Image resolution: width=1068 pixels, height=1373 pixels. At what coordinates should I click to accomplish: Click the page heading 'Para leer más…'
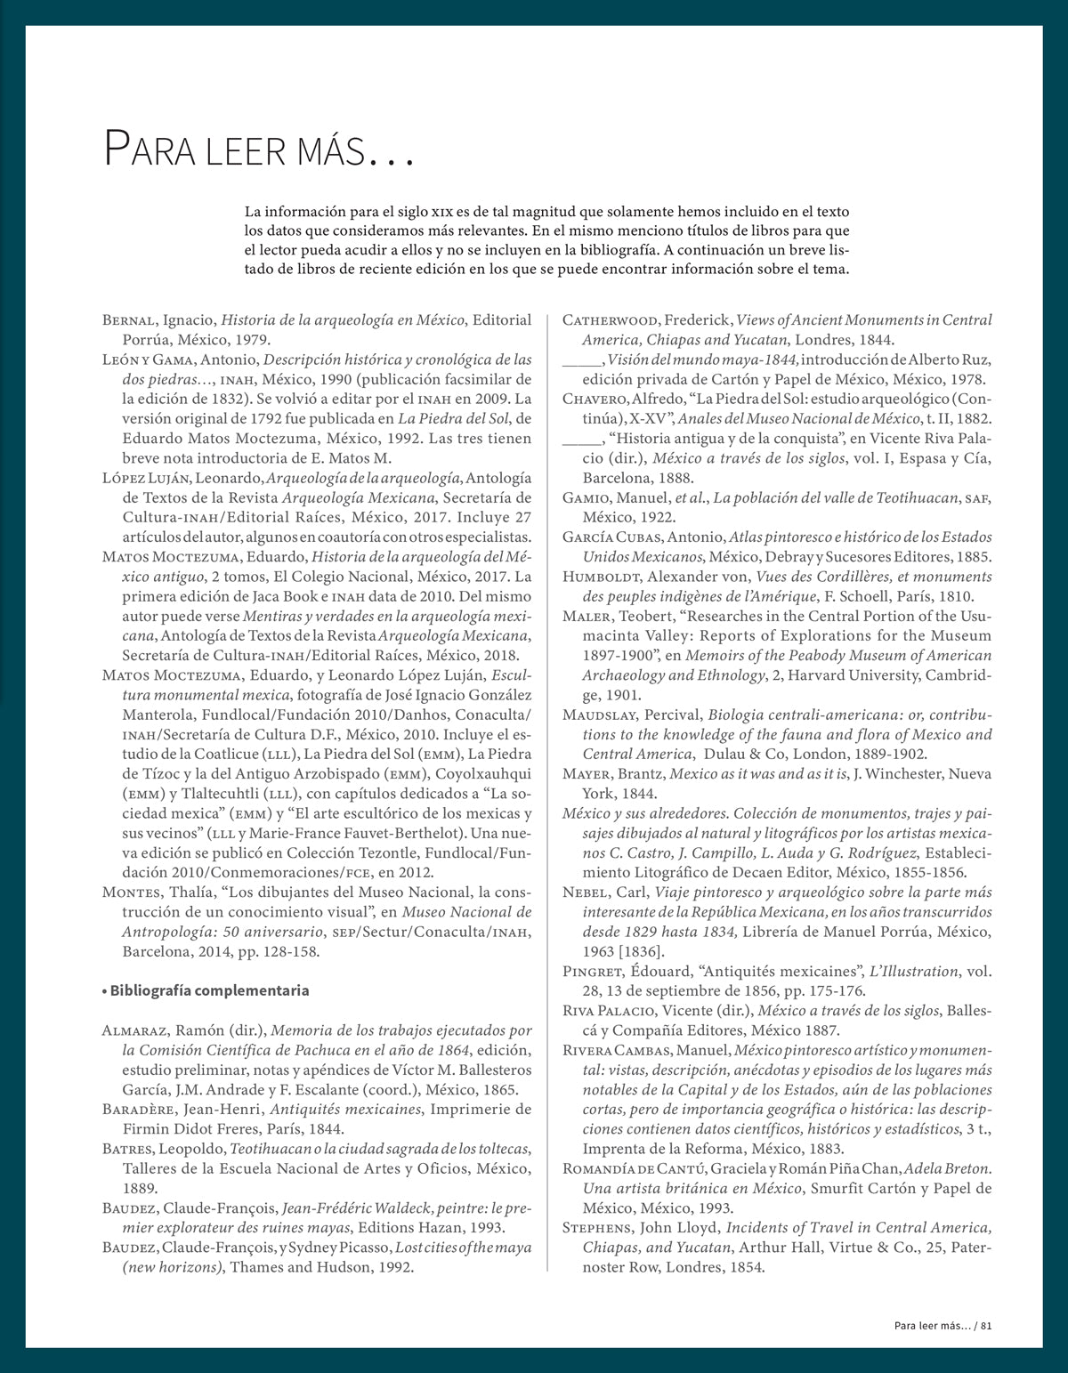tap(259, 149)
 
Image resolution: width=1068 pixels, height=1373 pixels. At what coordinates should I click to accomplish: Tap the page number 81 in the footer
tap(985, 1325)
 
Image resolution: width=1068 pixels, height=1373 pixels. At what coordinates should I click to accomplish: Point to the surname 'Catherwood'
tap(610, 320)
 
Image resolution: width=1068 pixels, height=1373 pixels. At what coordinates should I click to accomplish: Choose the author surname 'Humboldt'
tap(598, 577)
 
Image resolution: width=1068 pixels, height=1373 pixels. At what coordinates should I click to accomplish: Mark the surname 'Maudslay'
tap(599, 715)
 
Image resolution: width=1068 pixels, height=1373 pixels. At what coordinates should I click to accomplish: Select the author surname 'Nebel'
tap(583, 892)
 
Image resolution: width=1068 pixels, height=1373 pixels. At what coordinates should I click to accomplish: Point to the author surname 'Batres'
tap(128, 1149)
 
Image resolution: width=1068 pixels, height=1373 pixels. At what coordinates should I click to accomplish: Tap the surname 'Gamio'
tap(584, 498)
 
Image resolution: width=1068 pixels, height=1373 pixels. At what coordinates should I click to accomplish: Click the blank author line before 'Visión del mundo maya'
tap(582, 361)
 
